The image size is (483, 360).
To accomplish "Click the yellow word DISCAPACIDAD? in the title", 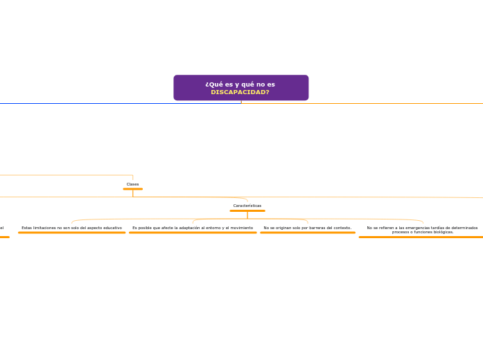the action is (x=240, y=92).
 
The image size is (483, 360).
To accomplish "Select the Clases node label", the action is (x=132, y=184).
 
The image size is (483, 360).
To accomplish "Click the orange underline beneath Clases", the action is (x=132, y=189).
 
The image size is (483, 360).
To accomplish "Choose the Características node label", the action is (x=247, y=206).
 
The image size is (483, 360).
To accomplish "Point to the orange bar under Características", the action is (x=247, y=211).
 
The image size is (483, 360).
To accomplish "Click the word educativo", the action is (x=110, y=228).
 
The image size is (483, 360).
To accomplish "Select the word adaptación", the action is (x=184, y=228).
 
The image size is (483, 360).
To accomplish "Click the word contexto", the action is (x=340, y=228).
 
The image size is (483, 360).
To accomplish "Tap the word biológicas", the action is (x=441, y=232).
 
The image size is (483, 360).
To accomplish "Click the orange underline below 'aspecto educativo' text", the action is (x=71, y=233).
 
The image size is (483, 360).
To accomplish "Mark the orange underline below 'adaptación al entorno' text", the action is (x=193, y=233).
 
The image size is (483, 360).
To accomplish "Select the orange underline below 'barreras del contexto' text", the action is (x=308, y=233).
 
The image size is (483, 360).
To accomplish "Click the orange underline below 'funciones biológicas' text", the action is (x=421, y=237).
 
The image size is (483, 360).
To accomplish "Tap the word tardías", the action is (x=430, y=228).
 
